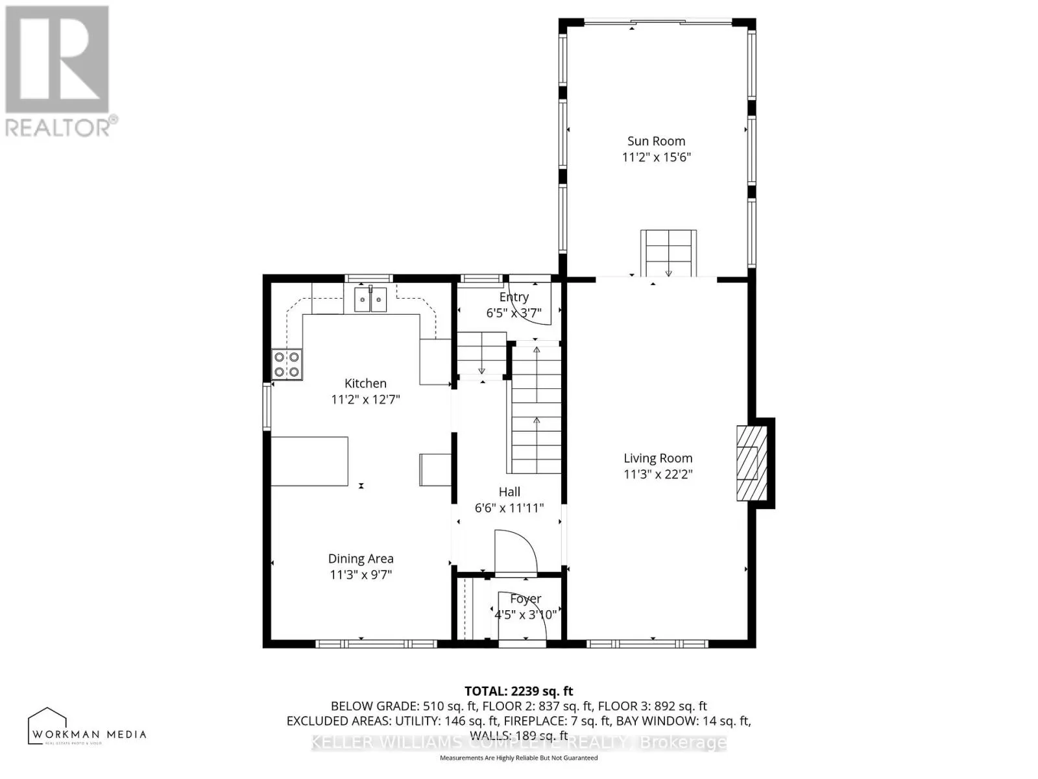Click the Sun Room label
coord(656,141)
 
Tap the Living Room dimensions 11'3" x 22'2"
coord(658,475)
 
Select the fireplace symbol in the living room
coord(752,462)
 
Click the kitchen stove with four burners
coord(287,364)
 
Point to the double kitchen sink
coord(370,299)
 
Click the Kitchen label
coord(365,384)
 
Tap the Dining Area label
coord(361,559)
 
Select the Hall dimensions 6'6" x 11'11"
coord(509,508)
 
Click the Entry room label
coord(514,297)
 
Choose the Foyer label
coord(525,599)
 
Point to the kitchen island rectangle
coord(309,462)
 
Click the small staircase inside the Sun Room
coord(668,253)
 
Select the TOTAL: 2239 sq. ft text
coord(518,691)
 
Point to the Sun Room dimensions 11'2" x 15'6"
coord(656,157)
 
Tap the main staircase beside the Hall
coord(536,409)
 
